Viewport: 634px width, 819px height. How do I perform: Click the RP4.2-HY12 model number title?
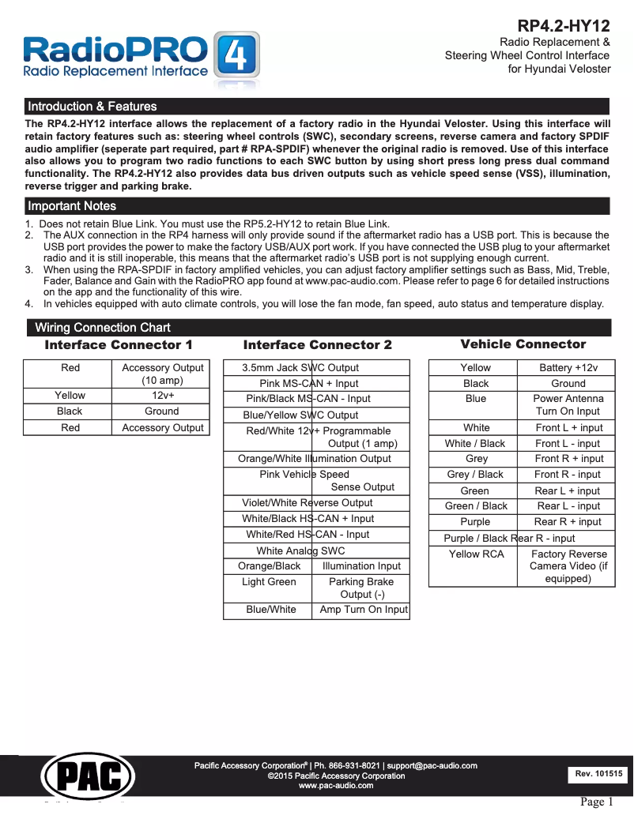tap(563, 25)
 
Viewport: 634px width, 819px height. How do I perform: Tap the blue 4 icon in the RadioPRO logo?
tap(236, 58)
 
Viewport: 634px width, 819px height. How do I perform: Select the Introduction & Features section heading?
tap(92, 107)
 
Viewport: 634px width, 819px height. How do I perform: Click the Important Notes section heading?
tap(72, 206)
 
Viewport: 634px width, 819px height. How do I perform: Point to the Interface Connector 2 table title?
tap(317, 345)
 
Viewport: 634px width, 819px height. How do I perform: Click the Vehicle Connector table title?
tap(523, 344)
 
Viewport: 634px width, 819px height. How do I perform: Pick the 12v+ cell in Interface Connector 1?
tap(163, 396)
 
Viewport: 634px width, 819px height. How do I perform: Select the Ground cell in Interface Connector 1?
tap(162, 411)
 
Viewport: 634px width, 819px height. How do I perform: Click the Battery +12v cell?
tap(568, 368)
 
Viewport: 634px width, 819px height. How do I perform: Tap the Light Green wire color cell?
tap(269, 582)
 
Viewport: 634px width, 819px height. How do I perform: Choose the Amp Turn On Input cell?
tap(363, 610)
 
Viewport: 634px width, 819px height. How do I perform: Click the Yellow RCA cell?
tap(476, 554)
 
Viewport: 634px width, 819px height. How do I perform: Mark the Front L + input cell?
tap(568, 428)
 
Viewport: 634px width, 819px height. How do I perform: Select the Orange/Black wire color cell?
tap(269, 566)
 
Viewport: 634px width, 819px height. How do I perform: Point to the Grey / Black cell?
tap(475, 475)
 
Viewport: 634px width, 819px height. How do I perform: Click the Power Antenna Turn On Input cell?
tap(568, 405)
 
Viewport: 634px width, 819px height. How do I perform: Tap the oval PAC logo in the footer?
tap(88, 774)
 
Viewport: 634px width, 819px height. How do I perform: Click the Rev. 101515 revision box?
tap(598, 775)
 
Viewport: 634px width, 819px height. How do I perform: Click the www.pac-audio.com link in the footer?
tap(336, 786)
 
